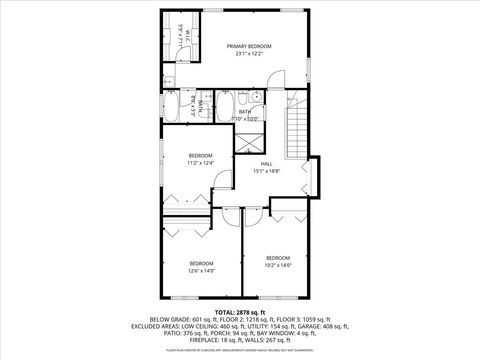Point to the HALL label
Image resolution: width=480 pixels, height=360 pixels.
click(267, 163)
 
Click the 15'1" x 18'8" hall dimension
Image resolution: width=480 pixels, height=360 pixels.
click(267, 171)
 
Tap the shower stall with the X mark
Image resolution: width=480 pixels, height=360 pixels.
click(245, 143)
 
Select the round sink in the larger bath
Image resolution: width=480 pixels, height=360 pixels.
click(256, 98)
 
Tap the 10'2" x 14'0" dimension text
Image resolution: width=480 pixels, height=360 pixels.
click(277, 265)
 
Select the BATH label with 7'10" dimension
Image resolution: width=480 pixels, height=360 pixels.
click(244, 112)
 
